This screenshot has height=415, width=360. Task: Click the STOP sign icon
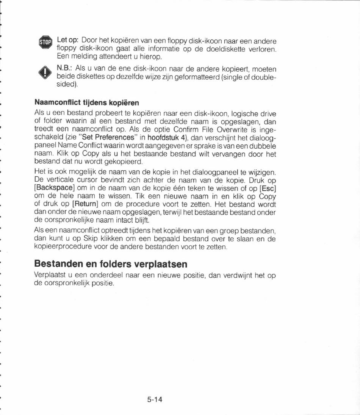(x=45, y=42)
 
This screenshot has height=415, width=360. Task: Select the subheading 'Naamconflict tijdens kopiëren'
(x=87, y=103)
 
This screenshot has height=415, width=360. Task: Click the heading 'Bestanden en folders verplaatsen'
(x=111, y=264)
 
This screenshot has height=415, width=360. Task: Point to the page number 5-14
(x=155, y=399)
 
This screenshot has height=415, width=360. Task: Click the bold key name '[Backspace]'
(x=53, y=189)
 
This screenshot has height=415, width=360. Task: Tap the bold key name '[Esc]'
(x=268, y=189)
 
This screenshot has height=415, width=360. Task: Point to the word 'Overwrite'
(x=231, y=129)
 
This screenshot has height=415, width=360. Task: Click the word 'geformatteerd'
(x=197, y=77)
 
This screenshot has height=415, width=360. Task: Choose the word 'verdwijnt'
(x=237, y=276)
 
